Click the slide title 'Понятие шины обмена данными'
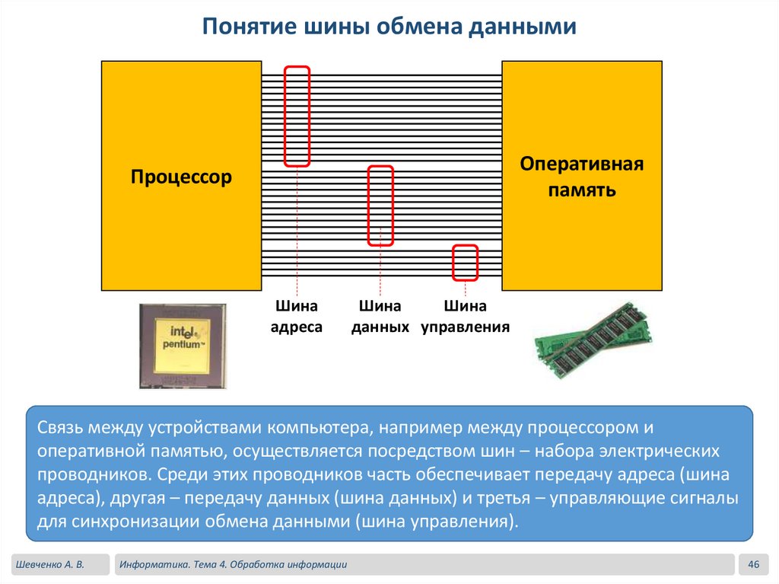click(x=389, y=27)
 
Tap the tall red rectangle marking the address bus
click(x=297, y=116)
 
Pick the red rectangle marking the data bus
click(x=380, y=206)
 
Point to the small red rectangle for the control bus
click(x=465, y=263)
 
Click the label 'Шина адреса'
click(x=297, y=317)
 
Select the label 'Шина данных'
click(x=380, y=317)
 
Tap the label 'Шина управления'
click(x=465, y=317)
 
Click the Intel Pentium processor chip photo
click(x=183, y=346)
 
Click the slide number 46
click(x=754, y=564)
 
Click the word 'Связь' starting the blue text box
click(x=60, y=427)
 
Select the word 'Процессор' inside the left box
click(x=181, y=178)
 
